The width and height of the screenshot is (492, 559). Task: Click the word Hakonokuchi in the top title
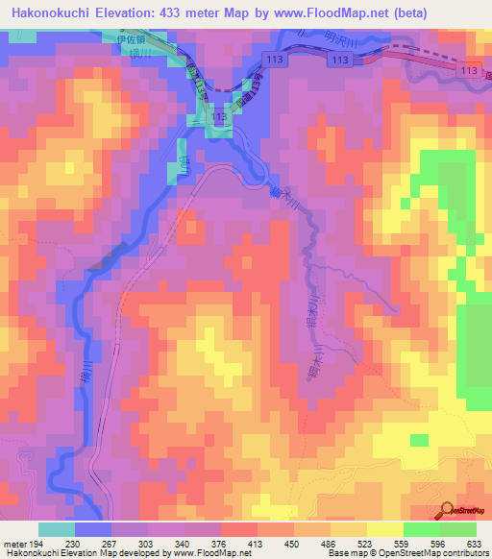tap(46, 12)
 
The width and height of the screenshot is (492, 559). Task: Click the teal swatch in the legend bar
tap(57, 529)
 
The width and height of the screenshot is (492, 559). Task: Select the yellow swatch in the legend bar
tap(385, 529)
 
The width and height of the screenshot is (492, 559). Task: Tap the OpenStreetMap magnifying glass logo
tap(447, 511)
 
